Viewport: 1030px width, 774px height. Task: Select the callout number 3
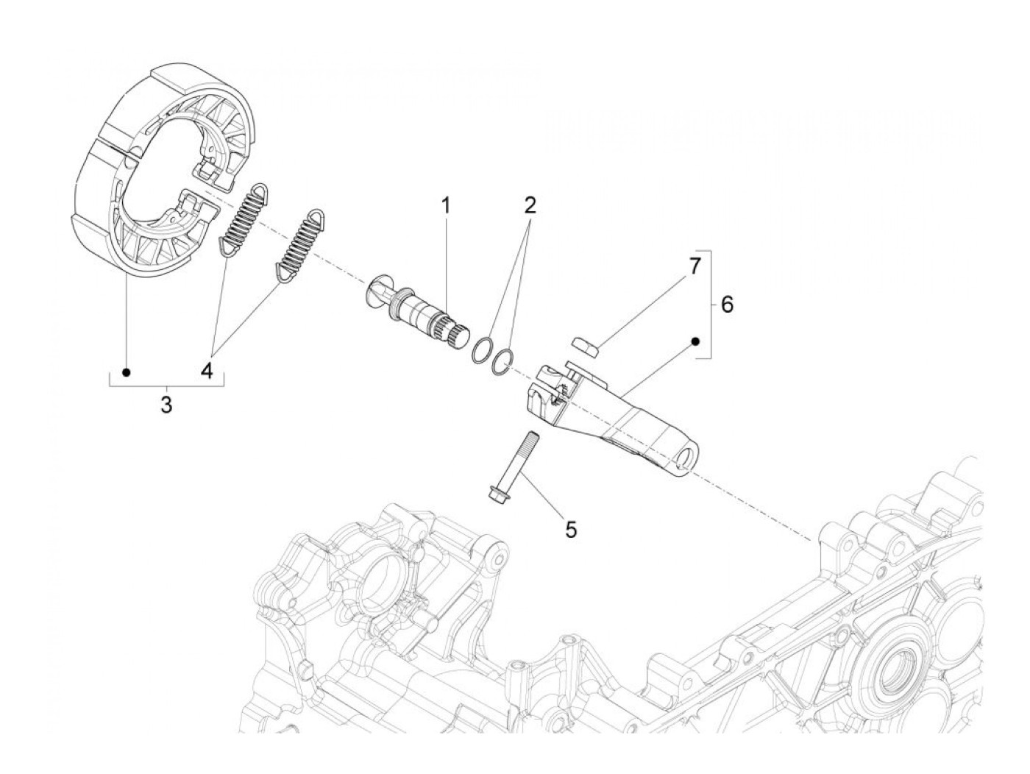pyautogui.click(x=166, y=404)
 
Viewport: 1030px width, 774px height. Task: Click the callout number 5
pyautogui.click(x=571, y=528)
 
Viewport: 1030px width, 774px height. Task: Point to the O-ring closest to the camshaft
pyautogui.click(x=482, y=349)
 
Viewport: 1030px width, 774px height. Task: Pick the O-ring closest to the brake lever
pyautogui.click(x=502, y=361)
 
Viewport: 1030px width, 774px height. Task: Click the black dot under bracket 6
pyautogui.click(x=695, y=341)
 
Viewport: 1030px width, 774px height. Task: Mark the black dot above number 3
pyautogui.click(x=126, y=372)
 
